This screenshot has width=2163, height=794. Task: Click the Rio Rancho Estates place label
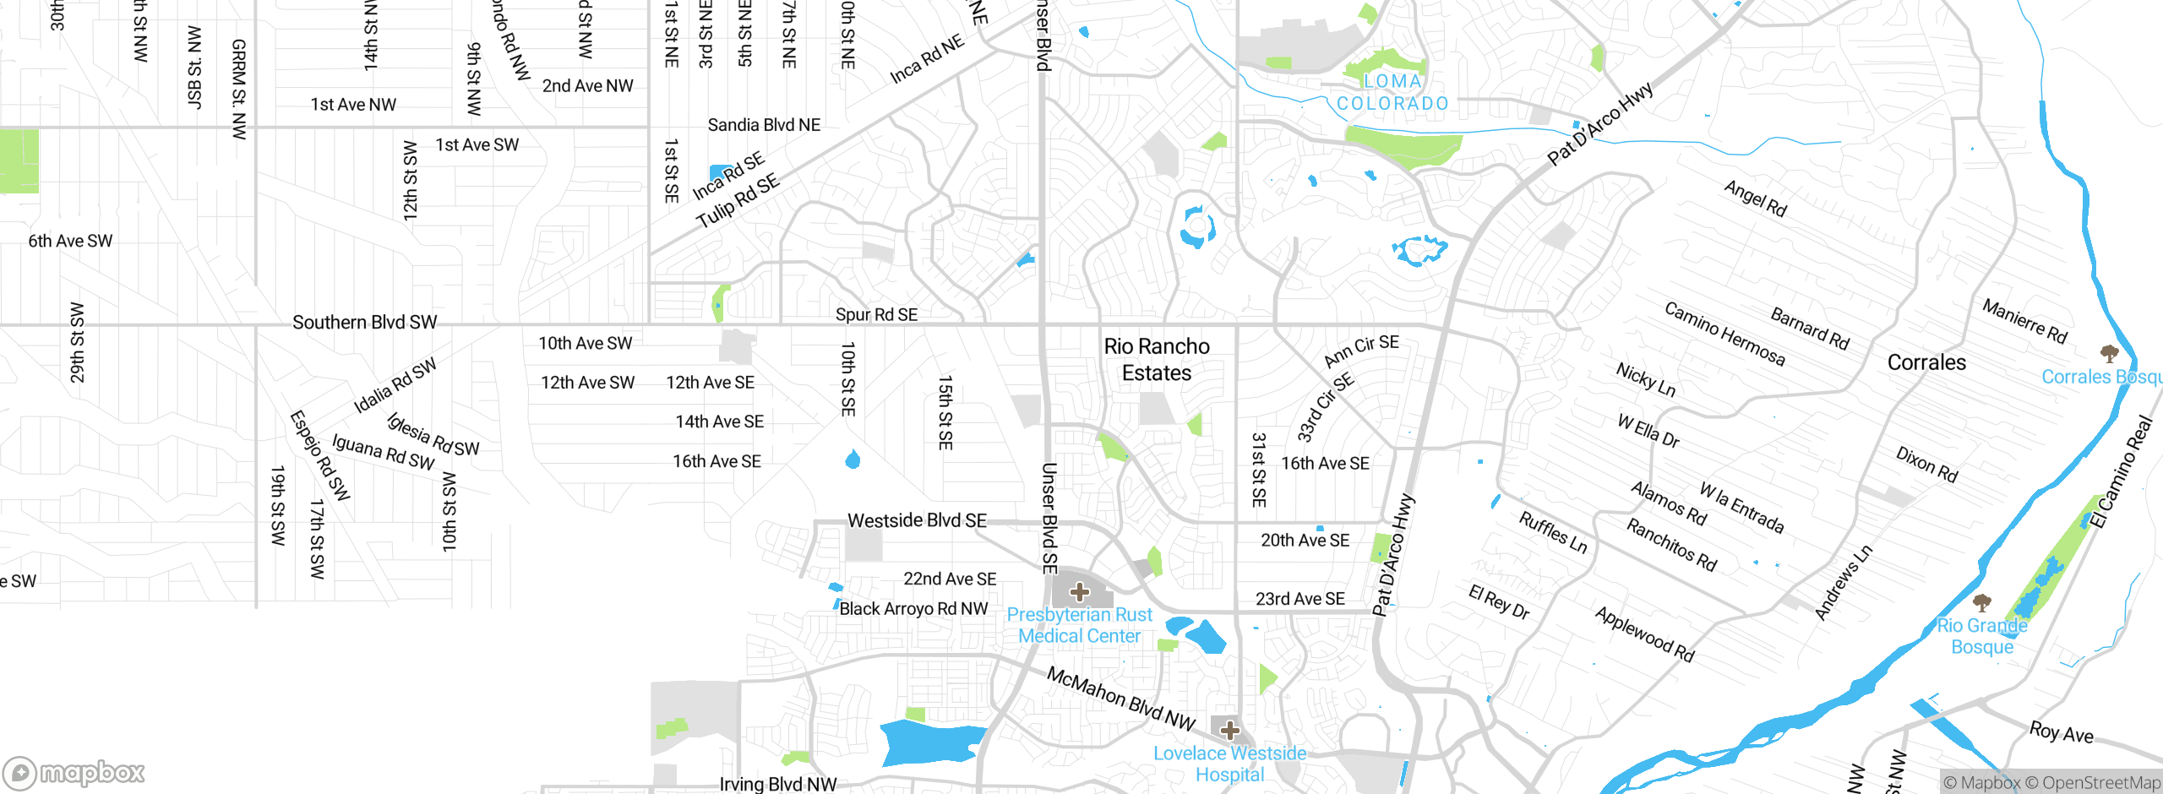tap(1156, 360)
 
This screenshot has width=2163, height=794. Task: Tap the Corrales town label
tap(1926, 362)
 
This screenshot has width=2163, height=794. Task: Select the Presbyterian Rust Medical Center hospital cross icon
tap(1079, 592)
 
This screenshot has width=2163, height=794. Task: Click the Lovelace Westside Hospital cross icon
tap(1229, 730)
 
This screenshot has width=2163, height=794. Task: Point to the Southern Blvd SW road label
tap(364, 323)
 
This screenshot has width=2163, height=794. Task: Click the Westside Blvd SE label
tap(917, 520)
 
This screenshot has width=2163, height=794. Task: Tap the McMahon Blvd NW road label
tap(1120, 699)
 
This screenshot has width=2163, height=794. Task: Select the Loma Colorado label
tap(1392, 92)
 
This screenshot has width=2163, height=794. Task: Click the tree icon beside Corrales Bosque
tap(2109, 352)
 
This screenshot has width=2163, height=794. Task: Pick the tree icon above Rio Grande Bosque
tap(1981, 602)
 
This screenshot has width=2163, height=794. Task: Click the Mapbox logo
tap(74, 772)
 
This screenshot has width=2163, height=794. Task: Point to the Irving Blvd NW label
tap(777, 784)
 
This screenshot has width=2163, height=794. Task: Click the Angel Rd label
tap(1755, 198)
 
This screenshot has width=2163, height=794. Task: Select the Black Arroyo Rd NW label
tap(913, 608)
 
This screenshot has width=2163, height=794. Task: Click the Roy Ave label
tap(2061, 732)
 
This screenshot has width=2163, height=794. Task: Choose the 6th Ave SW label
tap(70, 241)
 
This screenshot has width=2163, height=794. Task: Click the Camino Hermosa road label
tap(1724, 334)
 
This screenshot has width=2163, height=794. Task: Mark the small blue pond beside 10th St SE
tap(853, 460)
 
